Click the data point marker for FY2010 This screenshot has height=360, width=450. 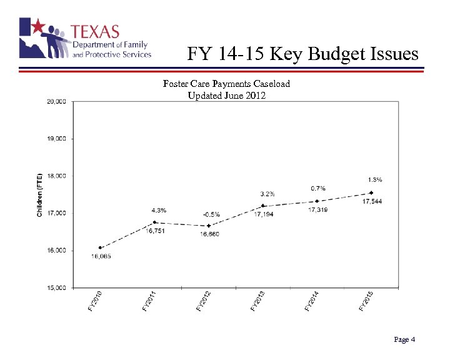tap(100, 247)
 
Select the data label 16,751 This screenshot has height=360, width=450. tap(156, 231)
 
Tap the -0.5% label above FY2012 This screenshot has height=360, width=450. tap(211, 214)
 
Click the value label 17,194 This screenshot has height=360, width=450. tap(263, 214)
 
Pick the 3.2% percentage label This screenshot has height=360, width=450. tap(267, 193)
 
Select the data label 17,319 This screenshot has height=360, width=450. tap(317, 210)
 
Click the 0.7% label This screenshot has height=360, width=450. tap(317, 188)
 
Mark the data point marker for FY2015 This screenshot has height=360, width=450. tap(371, 193)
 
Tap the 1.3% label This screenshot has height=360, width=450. tap(375, 179)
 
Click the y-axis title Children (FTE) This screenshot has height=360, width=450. tap(39, 194)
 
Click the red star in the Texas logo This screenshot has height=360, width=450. tap(38, 26)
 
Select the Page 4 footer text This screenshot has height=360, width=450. tap(404, 339)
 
